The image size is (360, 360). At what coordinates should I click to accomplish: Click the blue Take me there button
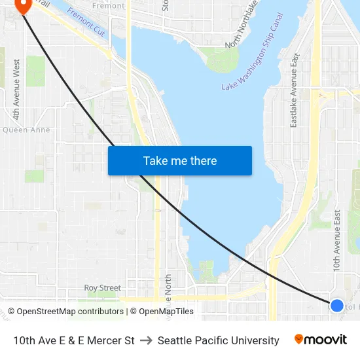[x=180, y=160]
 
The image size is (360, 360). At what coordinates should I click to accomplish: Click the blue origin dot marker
[x=337, y=306]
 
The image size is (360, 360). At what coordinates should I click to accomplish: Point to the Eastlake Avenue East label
[x=295, y=90]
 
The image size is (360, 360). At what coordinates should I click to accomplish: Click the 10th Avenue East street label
[x=337, y=241]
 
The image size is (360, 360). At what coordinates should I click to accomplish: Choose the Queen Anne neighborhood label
[x=26, y=130]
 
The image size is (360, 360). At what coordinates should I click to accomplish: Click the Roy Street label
[x=103, y=288]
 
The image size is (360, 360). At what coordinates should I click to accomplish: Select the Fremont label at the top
[x=108, y=5]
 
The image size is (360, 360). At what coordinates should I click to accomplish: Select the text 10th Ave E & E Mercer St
[x=74, y=340]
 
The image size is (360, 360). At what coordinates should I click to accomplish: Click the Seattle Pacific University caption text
[x=219, y=340]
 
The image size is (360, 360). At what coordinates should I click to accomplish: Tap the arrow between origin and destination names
[x=146, y=340]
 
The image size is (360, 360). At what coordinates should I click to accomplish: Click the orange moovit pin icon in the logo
[x=299, y=339]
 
